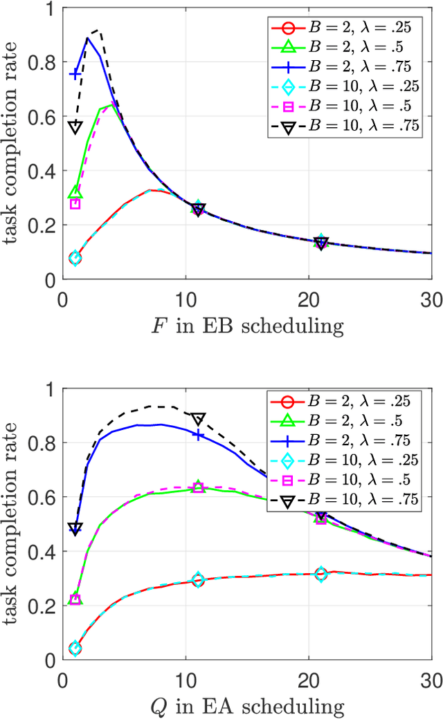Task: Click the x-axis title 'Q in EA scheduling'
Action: [x=247, y=706]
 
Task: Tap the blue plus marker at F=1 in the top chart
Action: [x=75, y=73]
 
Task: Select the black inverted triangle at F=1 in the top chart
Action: [x=75, y=127]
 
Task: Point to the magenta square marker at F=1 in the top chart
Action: [x=75, y=204]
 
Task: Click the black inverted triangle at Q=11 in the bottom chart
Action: [x=198, y=419]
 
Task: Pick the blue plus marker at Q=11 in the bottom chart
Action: [x=198, y=435]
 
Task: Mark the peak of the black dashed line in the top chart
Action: [x=98, y=30]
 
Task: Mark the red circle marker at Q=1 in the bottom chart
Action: [x=75, y=648]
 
